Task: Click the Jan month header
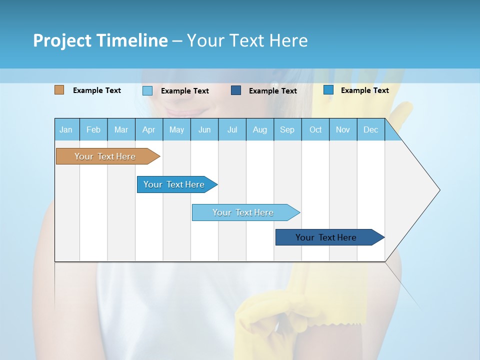pyautogui.click(x=66, y=130)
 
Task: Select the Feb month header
pyautogui.click(x=93, y=130)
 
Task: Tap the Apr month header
pyautogui.click(x=148, y=130)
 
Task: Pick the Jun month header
pyautogui.click(x=204, y=130)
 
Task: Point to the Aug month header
pyautogui.click(x=259, y=130)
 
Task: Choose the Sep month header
pyautogui.click(x=287, y=130)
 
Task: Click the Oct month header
pyautogui.click(x=315, y=130)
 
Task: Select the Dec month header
pyautogui.click(x=370, y=130)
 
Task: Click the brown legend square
pyautogui.click(x=59, y=90)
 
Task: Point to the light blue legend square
pyautogui.click(x=147, y=90)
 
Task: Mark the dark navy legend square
pyautogui.click(x=236, y=90)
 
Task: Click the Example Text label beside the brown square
pyautogui.click(x=97, y=90)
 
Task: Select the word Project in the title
pyautogui.click(x=61, y=40)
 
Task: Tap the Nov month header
pyautogui.click(x=343, y=130)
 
